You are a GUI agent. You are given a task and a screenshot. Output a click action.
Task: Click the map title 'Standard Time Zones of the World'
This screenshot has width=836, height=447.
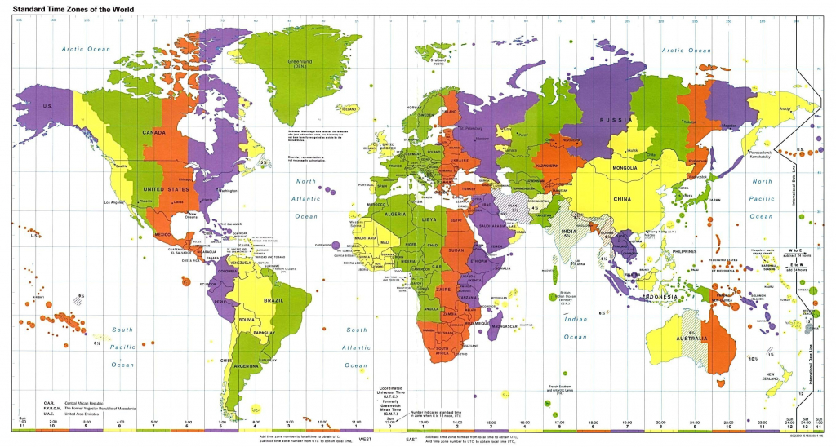point(72,8)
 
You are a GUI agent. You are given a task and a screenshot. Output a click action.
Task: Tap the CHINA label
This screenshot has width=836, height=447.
point(623,198)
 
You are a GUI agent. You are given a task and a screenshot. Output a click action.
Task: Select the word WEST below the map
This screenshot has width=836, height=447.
point(376,437)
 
